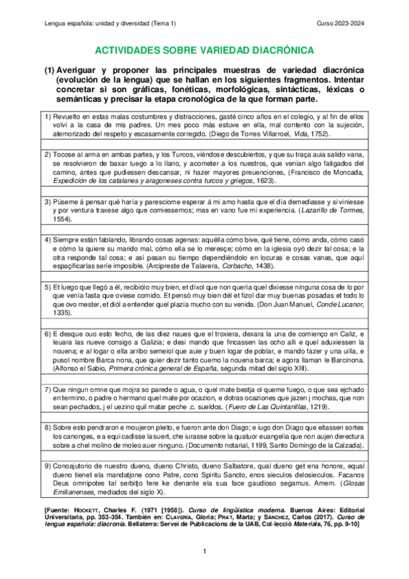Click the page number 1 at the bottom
point(204,550)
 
